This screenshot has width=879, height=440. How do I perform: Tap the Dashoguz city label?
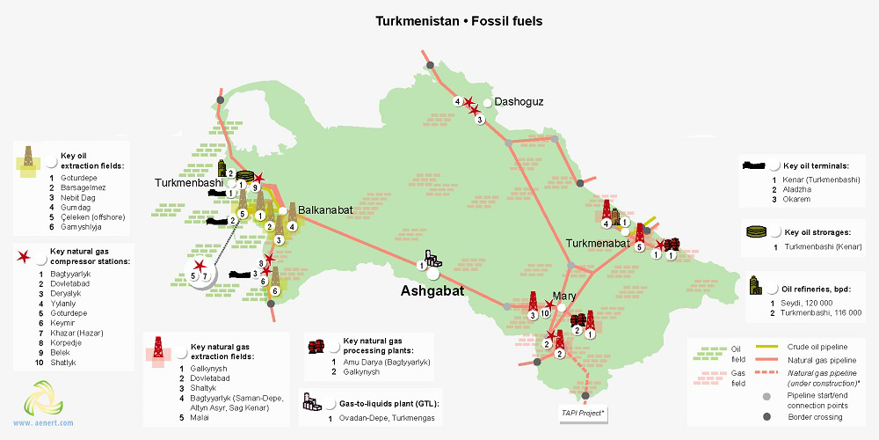[519, 102]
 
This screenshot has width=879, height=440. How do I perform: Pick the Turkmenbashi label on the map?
[190, 182]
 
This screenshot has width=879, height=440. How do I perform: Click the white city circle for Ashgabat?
[432, 274]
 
